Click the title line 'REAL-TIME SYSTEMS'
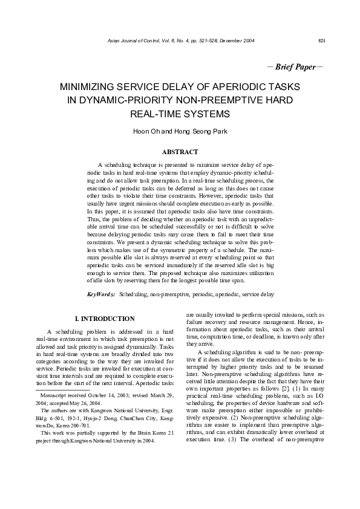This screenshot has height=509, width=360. click(x=180, y=114)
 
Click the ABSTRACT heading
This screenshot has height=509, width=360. click(x=180, y=152)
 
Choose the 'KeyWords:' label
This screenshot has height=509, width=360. click(x=101, y=294)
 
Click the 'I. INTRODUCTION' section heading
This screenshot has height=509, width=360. click(x=104, y=319)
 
